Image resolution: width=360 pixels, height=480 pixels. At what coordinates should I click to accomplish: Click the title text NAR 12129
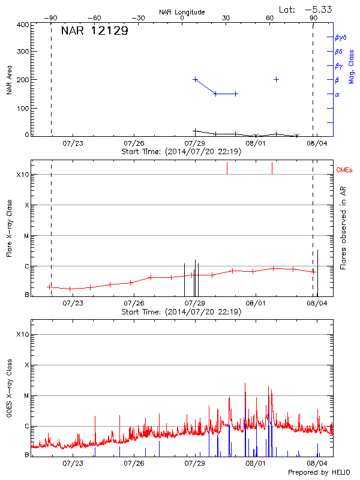coord(94,31)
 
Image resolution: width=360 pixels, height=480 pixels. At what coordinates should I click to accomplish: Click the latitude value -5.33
coord(319,9)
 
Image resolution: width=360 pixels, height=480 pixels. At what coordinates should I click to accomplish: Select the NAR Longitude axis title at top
coord(182,12)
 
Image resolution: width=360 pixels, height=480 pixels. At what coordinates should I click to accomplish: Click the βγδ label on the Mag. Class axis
coord(340,37)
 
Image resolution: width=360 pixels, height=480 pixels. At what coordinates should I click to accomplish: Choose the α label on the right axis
coord(337,94)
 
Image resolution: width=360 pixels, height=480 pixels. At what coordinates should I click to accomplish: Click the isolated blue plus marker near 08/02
coord(276,79)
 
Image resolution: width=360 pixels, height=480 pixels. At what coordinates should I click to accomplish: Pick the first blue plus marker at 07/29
coord(195,79)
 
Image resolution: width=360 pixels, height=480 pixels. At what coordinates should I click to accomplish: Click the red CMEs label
coord(345,170)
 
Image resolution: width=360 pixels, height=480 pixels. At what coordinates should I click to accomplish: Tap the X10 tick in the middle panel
coord(23,175)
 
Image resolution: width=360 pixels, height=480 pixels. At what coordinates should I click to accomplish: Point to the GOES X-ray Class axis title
coord(10,393)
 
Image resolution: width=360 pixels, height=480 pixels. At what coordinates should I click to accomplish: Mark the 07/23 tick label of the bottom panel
coord(73,463)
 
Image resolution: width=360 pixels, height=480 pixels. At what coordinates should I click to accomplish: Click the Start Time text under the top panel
coord(181,152)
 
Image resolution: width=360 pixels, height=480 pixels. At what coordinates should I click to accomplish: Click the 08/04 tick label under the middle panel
coord(317,304)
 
